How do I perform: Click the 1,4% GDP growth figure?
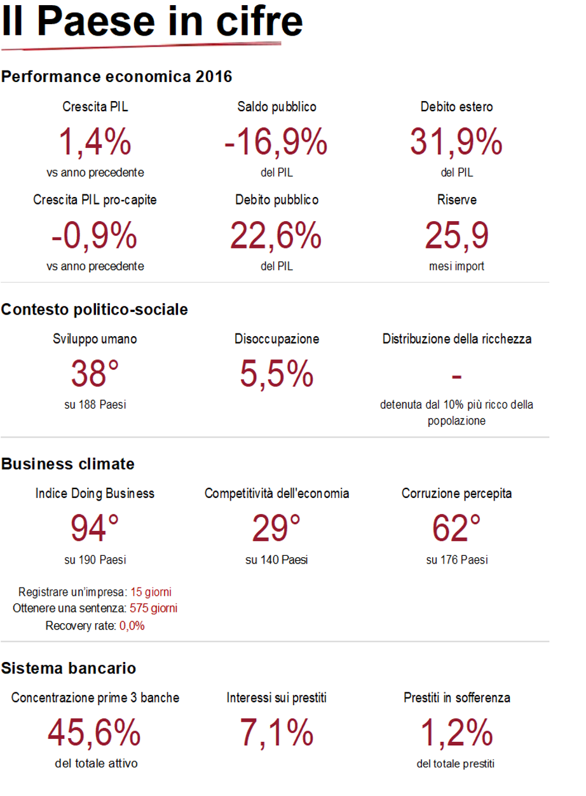[95, 142]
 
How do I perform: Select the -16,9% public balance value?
[276, 142]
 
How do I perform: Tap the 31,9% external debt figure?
[456, 142]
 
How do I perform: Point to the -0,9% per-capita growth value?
[95, 236]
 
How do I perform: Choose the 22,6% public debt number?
[276, 236]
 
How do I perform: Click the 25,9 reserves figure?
[456, 236]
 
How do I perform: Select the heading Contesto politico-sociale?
[95, 309]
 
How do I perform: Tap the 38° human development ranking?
[95, 374]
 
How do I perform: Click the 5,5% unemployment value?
[276, 374]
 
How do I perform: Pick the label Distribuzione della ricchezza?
[456, 339]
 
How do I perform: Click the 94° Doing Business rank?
[95, 529]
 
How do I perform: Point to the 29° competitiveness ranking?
[276, 529]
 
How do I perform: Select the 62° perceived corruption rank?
[456, 529]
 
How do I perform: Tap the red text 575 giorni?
[153, 608]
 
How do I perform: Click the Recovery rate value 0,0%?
[132, 626]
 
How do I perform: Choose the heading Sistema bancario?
[69, 668]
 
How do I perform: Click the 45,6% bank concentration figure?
[94, 734]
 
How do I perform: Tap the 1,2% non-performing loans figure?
[456, 734]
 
